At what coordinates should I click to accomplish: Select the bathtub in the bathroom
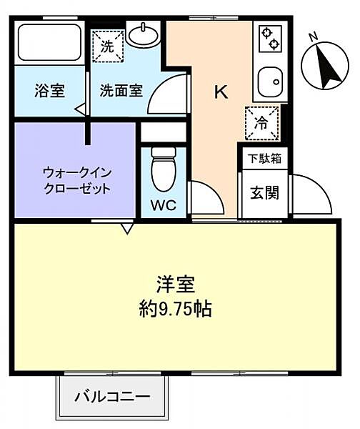[49, 44]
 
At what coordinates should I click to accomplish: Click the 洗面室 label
[121, 91]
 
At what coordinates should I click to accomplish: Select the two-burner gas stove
[269, 39]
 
